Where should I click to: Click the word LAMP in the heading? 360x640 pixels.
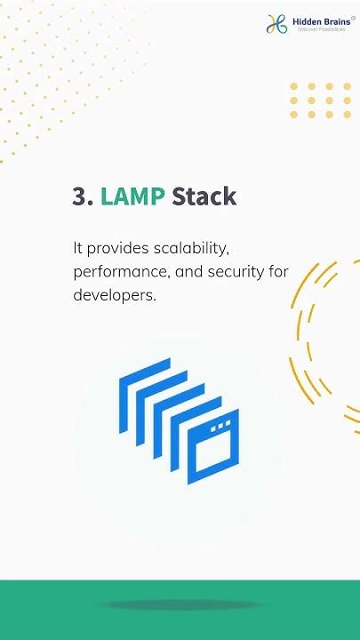tap(132, 196)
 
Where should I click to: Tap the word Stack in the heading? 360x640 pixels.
tap(204, 196)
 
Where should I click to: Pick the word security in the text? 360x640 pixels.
tap(233, 271)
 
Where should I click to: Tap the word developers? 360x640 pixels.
tap(114, 294)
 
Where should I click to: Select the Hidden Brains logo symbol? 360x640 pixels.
tap(276, 24)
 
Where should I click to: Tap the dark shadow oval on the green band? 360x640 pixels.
tap(180, 605)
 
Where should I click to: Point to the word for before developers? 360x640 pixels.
tap(277, 271)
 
